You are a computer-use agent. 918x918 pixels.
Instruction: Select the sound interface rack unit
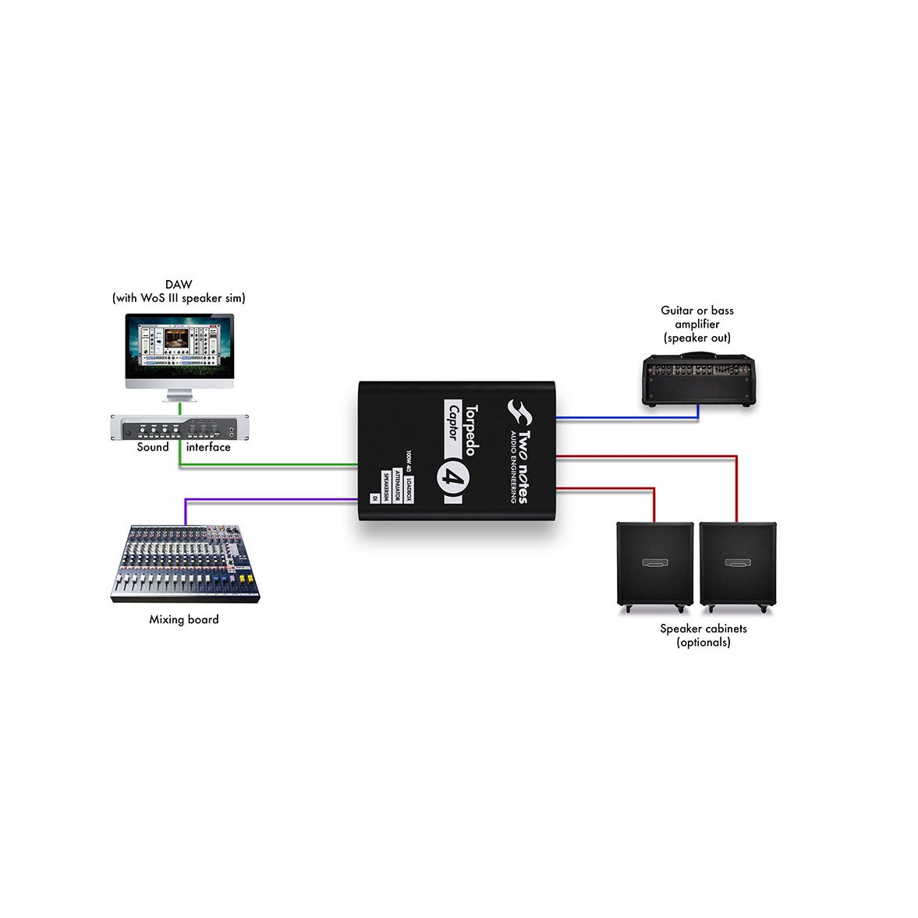click(179, 429)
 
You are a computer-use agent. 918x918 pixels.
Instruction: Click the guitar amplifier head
click(698, 381)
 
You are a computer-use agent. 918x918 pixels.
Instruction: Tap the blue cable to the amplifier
click(624, 419)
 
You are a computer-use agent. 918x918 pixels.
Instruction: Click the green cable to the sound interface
click(265, 466)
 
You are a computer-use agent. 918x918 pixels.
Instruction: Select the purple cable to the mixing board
click(265, 498)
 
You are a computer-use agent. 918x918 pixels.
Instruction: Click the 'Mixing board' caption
click(184, 619)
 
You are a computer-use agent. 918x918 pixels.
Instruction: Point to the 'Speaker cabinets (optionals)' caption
click(704, 635)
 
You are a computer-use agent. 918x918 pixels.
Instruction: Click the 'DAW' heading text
click(179, 285)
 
